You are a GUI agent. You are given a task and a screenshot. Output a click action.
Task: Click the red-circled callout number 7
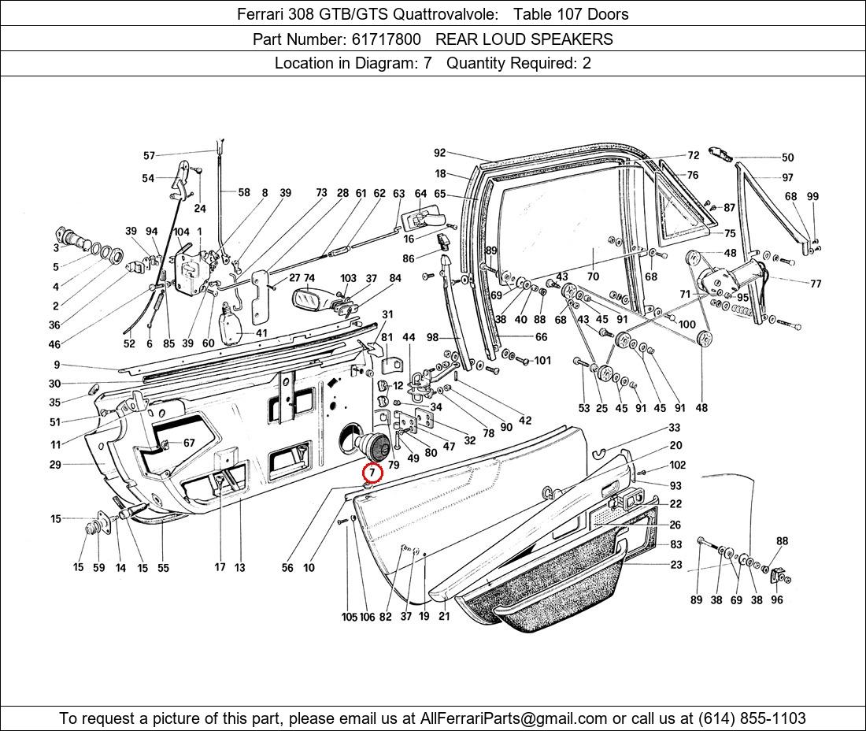[372, 473]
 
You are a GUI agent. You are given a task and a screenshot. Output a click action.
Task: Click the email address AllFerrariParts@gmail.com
[514, 718]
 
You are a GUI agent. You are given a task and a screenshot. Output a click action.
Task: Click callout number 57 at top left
[149, 156]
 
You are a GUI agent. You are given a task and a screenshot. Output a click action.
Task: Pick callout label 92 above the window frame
[439, 154]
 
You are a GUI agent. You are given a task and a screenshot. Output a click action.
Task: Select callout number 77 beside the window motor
[815, 284]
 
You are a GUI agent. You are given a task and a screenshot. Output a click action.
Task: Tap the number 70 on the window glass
[593, 276]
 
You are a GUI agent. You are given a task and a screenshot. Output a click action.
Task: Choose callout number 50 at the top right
[787, 158]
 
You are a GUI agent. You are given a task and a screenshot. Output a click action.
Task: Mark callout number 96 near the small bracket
[777, 600]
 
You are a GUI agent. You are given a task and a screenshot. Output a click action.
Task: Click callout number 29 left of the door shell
[54, 465]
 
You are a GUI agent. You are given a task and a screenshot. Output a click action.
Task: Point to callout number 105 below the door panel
[349, 617]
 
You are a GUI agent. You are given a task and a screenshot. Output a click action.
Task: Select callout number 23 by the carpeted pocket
[676, 565]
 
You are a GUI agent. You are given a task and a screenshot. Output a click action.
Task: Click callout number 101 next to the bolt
[542, 361]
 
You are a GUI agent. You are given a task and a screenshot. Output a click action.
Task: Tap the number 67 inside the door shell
[189, 443]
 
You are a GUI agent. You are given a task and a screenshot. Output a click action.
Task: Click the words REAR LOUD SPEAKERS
[524, 39]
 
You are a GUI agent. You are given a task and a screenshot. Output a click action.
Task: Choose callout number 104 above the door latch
[181, 232]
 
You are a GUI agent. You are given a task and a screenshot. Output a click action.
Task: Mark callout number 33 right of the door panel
[675, 428]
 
